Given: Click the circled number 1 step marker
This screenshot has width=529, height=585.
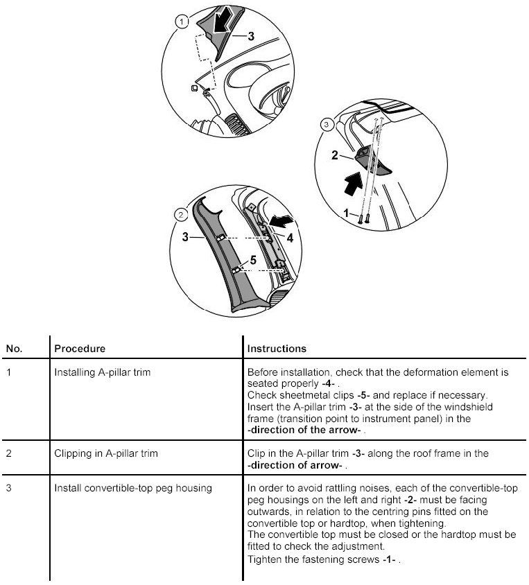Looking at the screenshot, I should (x=182, y=22).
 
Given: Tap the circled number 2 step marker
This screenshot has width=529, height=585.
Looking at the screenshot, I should (x=180, y=214).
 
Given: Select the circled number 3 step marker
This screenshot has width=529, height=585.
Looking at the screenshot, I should (x=328, y=125).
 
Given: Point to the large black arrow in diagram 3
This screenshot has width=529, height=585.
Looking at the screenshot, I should (x=353, y=184).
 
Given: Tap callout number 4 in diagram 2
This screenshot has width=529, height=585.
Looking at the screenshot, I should (x=290, y=238).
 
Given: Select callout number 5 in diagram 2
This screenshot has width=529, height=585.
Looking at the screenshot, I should (x=253, y=260).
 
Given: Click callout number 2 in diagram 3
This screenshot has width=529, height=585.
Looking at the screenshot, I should (x=334, y=156).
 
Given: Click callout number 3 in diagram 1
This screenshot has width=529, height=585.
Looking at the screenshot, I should (x=251, y=35).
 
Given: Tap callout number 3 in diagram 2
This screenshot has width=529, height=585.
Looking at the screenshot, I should (x=185, y=237).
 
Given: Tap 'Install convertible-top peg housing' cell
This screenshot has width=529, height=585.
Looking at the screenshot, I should (x=133, y=488).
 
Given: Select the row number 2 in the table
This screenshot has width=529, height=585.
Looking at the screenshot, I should (x=8, y=453).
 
